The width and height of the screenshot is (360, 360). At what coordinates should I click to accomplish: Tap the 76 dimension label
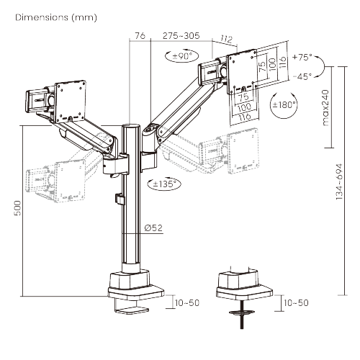[x=140, y=35]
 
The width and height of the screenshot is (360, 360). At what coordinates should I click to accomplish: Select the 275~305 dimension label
[x=181, y=35]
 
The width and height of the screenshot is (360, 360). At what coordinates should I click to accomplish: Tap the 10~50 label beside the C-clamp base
[x=186, y=304]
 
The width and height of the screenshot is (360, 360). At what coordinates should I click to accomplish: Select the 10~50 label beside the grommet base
[x=296, y=304]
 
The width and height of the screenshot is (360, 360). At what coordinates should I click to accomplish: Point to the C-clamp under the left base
[x=130, y=305]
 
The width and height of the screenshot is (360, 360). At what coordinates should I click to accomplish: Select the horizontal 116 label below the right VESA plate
[x=244, y=116]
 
